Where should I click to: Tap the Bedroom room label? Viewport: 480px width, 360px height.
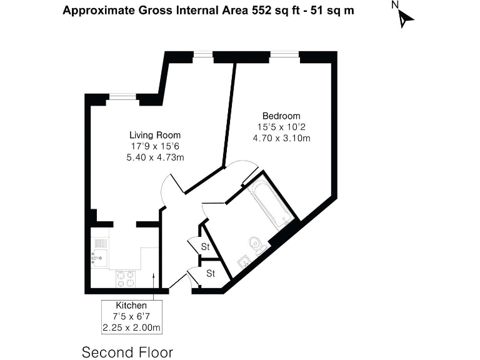(x=281, y=116)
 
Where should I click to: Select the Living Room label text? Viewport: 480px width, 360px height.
(x=155, y=135)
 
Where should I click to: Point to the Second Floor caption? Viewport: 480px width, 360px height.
(x=127, y=352)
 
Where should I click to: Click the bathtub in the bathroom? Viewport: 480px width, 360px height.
(x=271, y=203)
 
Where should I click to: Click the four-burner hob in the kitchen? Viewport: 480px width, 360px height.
(x=125, y=278)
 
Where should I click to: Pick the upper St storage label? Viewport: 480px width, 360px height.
(x=205, y=247)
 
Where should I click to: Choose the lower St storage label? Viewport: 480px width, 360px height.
(x=211, y=273)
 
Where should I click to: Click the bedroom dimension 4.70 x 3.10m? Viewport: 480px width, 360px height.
(x=281, y=138)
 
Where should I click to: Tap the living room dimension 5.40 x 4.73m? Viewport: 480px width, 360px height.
(x=155, y=157)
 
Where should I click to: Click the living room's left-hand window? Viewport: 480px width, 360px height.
(x=122, y=96)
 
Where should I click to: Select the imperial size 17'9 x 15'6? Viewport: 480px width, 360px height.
(x=155, y=146)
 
